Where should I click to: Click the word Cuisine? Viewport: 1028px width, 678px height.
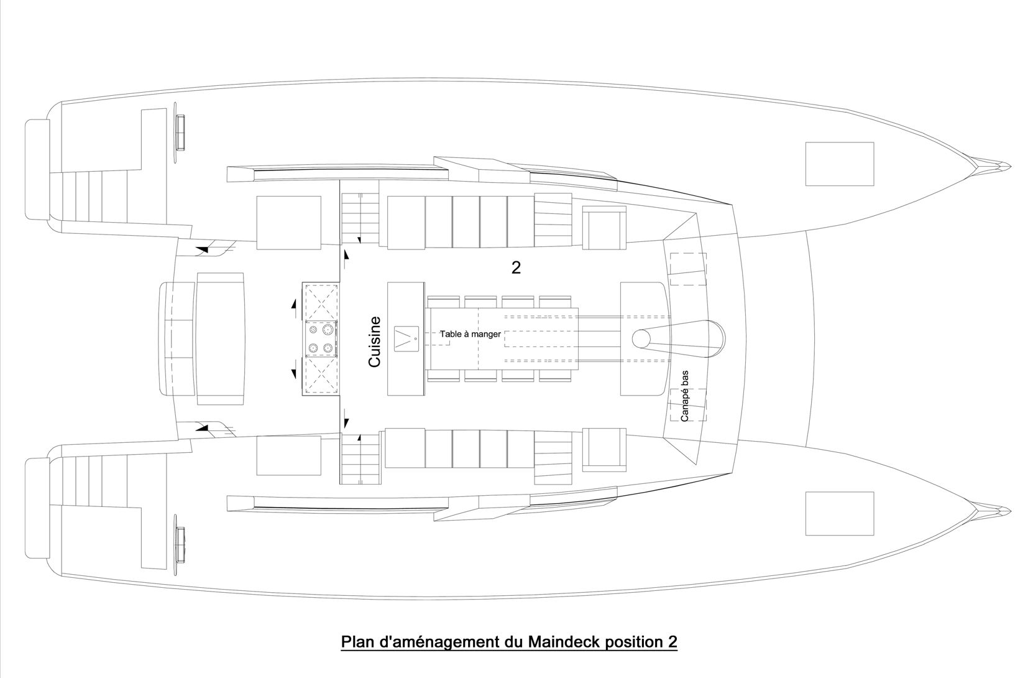(375, 341)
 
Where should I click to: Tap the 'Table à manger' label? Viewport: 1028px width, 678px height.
(470, 334)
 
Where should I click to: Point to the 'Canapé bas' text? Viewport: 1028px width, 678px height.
(685, 396)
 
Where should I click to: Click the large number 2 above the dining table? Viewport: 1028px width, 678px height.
(516, 268)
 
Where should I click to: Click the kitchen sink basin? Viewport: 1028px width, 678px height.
(406, 339)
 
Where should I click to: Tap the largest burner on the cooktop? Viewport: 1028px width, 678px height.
(328, 330)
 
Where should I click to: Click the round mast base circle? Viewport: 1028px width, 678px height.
(641, 339)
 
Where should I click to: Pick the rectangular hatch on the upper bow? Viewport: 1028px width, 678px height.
(840, 164)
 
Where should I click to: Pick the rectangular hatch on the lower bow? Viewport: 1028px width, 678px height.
(840, 514)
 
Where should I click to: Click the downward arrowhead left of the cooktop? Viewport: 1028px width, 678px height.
(294, 374)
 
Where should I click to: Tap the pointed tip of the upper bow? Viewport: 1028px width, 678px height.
(1010, 165)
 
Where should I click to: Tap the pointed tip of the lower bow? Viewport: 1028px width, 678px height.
(1010, 511)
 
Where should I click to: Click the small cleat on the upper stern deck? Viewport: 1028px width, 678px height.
(180, 132)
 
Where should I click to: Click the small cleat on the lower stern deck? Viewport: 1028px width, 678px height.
(180, 545)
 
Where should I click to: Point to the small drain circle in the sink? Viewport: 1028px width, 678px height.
(415, 338)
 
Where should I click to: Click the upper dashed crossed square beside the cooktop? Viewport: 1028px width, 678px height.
(320, 302)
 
